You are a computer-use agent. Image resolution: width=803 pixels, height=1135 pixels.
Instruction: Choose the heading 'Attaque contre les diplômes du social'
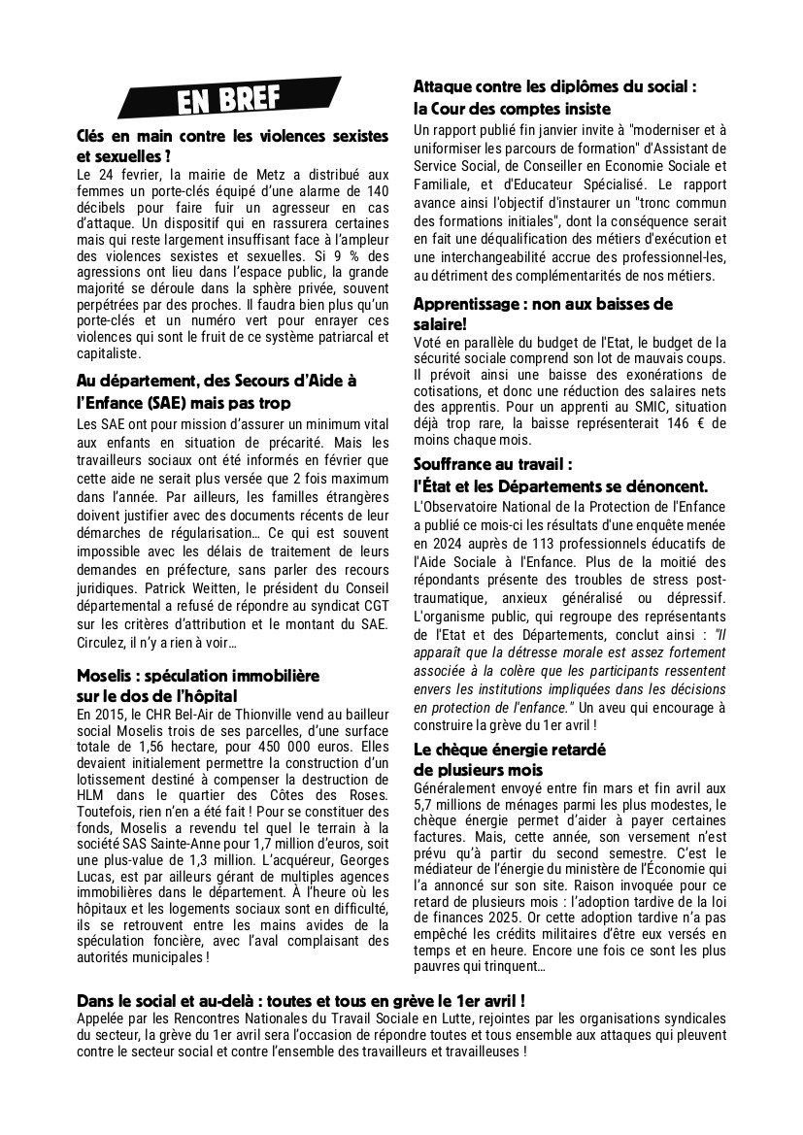point(555,86)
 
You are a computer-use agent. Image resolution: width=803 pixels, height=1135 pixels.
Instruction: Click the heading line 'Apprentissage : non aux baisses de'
point(543,304)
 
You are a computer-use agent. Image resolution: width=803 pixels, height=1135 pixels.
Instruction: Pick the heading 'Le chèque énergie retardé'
point(510,750)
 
